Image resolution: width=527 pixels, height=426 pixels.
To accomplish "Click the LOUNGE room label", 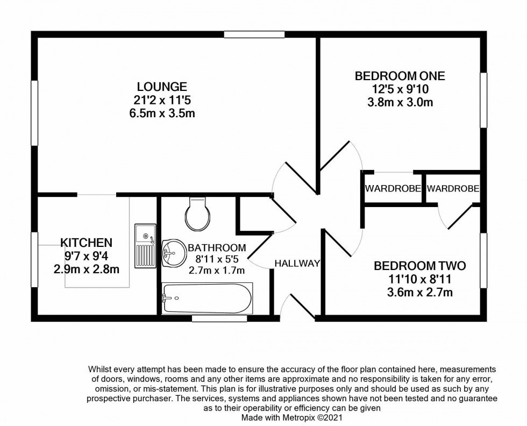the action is pos(162,87).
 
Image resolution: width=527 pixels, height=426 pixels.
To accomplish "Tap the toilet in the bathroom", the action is pos(198,214).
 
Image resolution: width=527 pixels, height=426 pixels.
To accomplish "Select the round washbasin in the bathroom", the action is pos(174,253).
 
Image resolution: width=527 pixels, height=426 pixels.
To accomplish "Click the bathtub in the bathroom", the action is pos(207,299).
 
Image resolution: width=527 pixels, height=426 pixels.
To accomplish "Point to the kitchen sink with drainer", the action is pos(145,246).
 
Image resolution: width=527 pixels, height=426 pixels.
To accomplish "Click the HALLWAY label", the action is pos(297,264).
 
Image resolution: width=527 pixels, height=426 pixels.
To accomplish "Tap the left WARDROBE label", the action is pos(393,189).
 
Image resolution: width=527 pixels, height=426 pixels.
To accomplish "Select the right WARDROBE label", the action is pos(453,189).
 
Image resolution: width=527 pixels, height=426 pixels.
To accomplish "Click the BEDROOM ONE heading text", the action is pos(400,76).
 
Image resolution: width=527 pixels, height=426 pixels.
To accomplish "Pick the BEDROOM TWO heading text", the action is pos(420,266).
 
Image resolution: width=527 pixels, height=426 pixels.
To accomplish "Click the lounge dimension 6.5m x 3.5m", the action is pos(162,113).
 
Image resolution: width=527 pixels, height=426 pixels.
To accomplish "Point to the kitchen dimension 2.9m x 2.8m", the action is pos(87,269).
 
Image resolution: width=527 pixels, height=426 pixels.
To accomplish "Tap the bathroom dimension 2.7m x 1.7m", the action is pos(216,271).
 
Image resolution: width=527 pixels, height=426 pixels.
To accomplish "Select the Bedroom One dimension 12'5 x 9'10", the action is pos(400,89).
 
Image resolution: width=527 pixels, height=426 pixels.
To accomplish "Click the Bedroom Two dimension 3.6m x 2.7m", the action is pos(420,292).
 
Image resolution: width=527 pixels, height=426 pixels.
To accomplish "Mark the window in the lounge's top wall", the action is pos(254,34).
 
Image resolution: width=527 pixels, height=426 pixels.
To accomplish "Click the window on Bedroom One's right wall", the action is pos(483,100).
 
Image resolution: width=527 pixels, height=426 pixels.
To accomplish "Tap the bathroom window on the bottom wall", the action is pos(219,318).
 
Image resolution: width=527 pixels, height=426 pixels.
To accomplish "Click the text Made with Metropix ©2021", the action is pos(291,417).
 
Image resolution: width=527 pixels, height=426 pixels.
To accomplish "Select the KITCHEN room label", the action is pos(87,243).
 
